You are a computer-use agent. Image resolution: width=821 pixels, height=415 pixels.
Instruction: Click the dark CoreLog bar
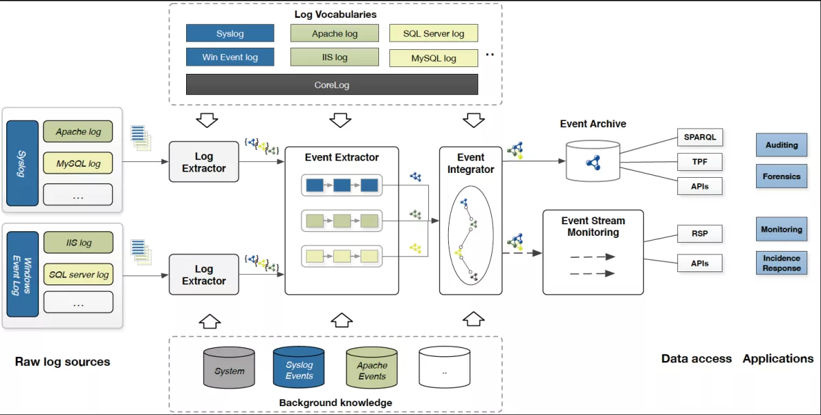[332, 85]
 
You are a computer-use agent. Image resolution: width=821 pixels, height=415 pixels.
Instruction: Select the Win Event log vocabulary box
[230, 57]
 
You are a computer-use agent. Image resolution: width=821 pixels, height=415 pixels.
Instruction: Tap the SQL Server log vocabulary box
[433, 34]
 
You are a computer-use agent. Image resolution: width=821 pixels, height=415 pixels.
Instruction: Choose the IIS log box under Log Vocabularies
[335, 57]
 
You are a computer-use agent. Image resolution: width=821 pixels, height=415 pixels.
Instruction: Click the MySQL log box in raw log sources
[78, 163]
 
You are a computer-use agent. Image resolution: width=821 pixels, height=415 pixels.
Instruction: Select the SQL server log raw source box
[78, 274]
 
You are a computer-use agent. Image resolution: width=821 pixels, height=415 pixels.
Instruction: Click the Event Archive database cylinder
[593, 161]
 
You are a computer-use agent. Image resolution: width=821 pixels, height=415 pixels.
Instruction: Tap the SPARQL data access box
[699, 137]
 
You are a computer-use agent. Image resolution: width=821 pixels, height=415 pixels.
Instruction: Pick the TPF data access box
[699, 162]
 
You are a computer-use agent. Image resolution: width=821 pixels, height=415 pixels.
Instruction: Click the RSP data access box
[699, 233]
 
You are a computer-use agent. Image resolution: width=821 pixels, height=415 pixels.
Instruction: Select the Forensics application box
[781, 176]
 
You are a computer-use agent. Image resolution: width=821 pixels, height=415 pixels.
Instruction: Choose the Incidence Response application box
[781, 263]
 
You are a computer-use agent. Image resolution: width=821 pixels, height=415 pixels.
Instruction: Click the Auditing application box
[781, 145]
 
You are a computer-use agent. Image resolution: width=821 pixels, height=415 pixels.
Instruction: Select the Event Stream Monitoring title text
[592, 226]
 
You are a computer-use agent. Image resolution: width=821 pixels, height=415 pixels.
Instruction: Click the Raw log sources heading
[62, 362]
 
